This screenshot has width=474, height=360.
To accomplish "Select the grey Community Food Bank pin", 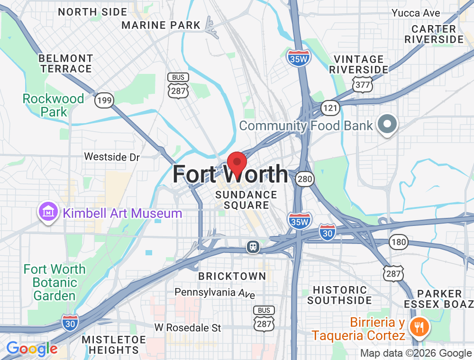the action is click(387, 124).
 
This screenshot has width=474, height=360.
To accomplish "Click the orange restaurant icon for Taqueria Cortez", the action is click(419, 326).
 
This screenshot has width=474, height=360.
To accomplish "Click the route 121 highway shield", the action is click(330, 108).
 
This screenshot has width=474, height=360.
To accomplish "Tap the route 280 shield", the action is click(305, 179).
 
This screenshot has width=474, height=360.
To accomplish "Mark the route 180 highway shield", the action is click(399, 242).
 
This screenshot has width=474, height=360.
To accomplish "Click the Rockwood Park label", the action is click(54, 105).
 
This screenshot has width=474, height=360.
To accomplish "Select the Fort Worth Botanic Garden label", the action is click(55, 282).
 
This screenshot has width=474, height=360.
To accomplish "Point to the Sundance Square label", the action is click(246, 200).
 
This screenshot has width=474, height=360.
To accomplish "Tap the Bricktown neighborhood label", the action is click(232, 276).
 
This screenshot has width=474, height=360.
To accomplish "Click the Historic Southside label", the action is click(339, 295).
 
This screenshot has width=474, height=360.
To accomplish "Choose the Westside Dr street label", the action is click(112, 156).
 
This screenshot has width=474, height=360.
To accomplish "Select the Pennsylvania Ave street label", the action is click(215, 293).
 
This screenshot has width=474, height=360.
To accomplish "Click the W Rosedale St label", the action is click(188, 327).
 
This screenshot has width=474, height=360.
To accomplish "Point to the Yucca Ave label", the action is click(416, 13).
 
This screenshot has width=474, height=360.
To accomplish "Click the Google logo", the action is click(31, 349).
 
